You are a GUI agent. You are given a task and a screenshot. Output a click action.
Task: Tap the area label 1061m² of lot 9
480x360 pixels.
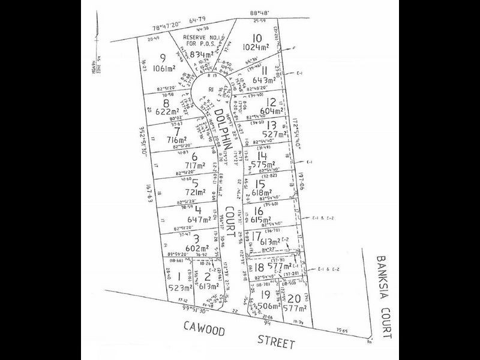pyautogui.click(x=165, y=68)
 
